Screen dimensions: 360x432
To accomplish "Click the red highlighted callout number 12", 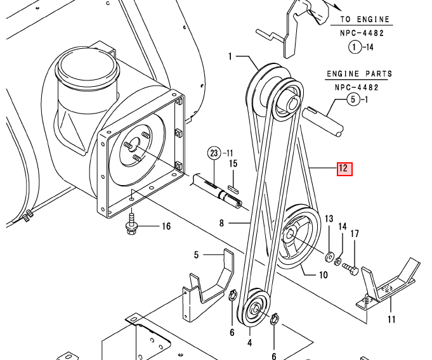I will pos(344,169).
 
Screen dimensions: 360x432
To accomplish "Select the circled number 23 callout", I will pos(214,153).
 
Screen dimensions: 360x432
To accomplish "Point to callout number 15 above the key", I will pos(233,164).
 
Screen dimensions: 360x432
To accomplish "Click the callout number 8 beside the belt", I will pos(222,222).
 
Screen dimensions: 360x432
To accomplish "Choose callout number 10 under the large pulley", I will pos(323,274).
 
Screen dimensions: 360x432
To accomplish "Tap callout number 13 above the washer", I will pos(329,219).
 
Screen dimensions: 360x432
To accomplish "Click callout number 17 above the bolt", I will pos(355,234).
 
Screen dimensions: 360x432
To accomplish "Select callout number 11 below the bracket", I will pos(391,319).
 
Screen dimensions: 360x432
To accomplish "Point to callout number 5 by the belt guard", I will pos(197,255).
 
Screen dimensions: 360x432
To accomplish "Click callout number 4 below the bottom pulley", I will pos(250,343).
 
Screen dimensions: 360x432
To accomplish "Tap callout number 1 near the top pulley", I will pos(231,57).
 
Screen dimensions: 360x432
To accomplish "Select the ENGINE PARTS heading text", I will pos(359,74).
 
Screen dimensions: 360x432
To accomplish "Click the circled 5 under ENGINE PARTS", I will pos(354,100).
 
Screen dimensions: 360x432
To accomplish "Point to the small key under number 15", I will pos(232,188).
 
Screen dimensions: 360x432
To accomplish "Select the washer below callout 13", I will pos(329,257).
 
